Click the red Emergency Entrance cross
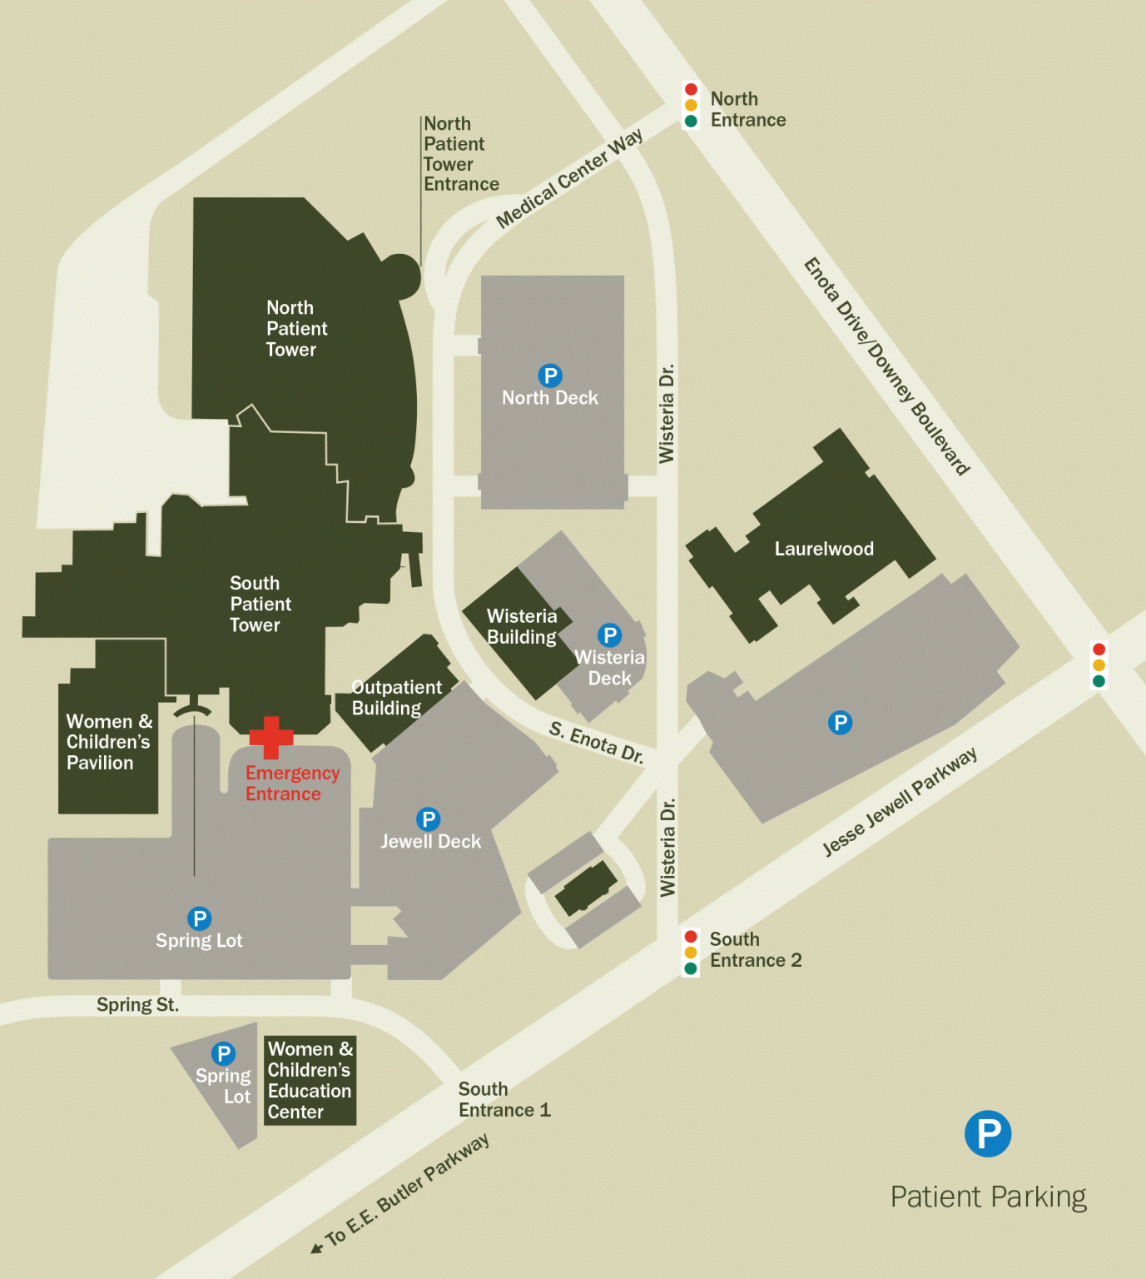click(x=271, y=737)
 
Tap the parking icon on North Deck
click(x=550, y=376)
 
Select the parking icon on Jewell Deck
click(x=428, y=819)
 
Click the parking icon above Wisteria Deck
click(x=610, y=635)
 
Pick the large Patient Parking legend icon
click(x=988, y=1133)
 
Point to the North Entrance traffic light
click(x=691, y=105)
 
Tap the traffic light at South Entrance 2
click(x=691, y=953)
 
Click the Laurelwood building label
click(x=824, y=549)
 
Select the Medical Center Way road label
click(x=569, y=178)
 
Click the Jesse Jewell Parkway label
click(x=900, y=802)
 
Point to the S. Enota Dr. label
click(x=596, y=741)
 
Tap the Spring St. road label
click(x=137, y=1004)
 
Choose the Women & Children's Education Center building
click(x=310, y=1080)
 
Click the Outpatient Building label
click(x=396, y=698)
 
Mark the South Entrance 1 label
click(x=504, y=1099)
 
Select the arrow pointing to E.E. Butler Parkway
click(x=316, y=1247)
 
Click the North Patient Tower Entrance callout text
click(x=460, y=154)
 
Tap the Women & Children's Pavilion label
click(x=108, y=742)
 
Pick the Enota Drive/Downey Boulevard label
click(x=886, y=366)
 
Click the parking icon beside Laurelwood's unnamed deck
click(x=840, y=723)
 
